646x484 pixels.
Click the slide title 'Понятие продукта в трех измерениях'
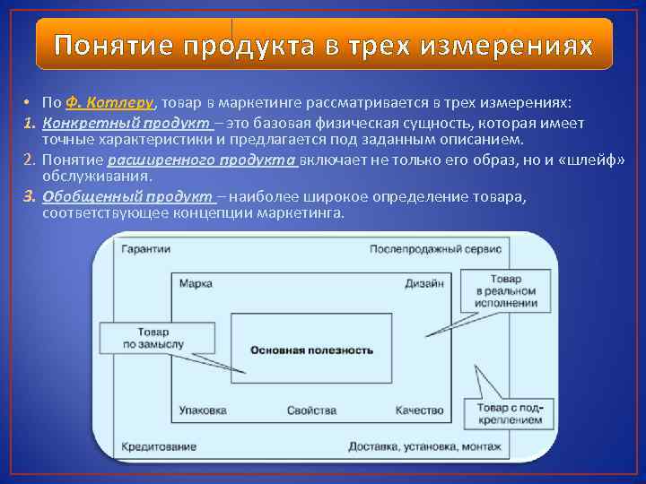[323, 45]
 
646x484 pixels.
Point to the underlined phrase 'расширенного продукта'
[202, 160]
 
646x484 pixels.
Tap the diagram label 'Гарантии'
[144, 249]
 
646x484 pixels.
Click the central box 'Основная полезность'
[311, 350]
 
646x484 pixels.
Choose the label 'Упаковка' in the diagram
[203, 411]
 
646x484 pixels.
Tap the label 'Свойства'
[311, 411]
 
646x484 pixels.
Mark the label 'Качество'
[419, 411]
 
